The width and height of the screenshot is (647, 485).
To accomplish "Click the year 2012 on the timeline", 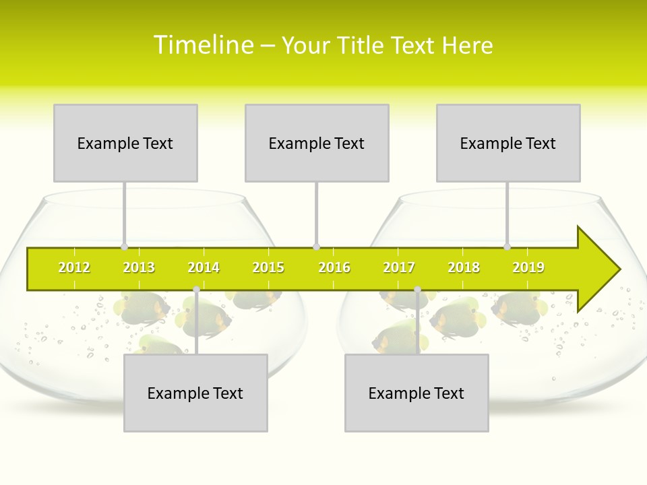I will (x=74, y=267).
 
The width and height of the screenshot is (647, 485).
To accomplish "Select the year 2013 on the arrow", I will (x=139, y=267).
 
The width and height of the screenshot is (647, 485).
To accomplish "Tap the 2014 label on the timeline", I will (x=204, y=267).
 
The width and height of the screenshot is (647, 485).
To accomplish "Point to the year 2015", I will (x=268, y=267).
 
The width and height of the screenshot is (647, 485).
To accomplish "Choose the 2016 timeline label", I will (x=334, y=267).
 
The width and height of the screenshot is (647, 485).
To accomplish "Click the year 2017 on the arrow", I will (x=399, y=267).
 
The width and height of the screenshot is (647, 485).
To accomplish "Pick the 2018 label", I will (x=464, y=267).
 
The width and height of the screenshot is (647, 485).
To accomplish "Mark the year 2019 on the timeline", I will (x=528, y=267).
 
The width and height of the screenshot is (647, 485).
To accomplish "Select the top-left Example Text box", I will (x=125, y=143).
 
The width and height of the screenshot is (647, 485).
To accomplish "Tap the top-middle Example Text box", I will (x=317, y=143).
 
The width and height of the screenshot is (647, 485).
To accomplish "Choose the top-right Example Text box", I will (x=508, y=143).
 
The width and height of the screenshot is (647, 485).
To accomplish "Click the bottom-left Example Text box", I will (x=195, y=393).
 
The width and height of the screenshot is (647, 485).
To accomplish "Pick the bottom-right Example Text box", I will (x=417, y=393).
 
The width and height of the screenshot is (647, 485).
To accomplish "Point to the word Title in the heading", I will (x=364, y=45).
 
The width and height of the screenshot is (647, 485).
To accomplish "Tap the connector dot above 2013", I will (x=125, y=247).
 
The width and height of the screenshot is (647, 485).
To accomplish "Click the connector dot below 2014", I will (x=196, y=290).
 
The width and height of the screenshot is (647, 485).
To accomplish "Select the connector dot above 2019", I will (x=507, y=247).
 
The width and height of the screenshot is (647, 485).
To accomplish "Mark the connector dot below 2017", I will (x=417, y=290).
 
